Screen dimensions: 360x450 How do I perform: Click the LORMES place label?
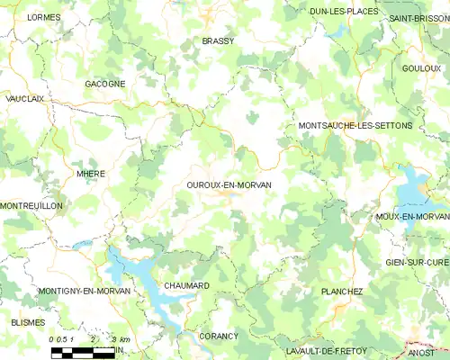pos(44,17)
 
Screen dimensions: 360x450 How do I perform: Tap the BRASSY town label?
pos(218,41)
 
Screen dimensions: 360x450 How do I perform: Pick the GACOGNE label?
pos(104,83)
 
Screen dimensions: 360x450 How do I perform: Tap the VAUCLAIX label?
pos(24,98)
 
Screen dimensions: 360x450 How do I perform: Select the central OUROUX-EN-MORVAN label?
pos(229,184)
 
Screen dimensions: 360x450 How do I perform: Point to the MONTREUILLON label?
pos(31,206)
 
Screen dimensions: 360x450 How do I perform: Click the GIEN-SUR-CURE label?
pos(417,261)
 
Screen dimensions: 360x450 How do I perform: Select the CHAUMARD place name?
pos(186,285)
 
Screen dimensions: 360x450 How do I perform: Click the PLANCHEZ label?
pos(342,292)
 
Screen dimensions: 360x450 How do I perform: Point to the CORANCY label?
pos(219,336)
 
